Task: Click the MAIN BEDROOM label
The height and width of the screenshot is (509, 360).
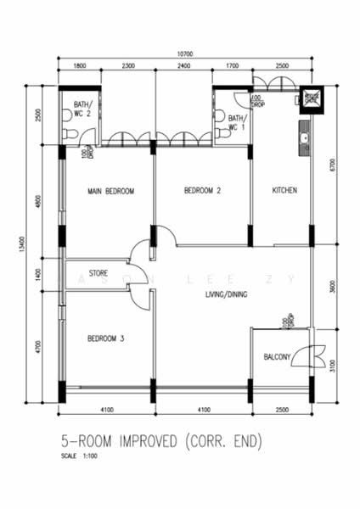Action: click(110, 192)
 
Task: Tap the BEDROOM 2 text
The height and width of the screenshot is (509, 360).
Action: click(202, 192)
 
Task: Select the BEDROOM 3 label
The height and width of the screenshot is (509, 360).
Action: click(106, 338)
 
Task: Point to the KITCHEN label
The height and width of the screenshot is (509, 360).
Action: click(284, 191)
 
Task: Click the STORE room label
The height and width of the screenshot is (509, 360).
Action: click(99, 272)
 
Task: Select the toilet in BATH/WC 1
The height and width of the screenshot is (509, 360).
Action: click(219, 116)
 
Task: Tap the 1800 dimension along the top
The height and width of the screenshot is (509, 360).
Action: click(79, 65)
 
